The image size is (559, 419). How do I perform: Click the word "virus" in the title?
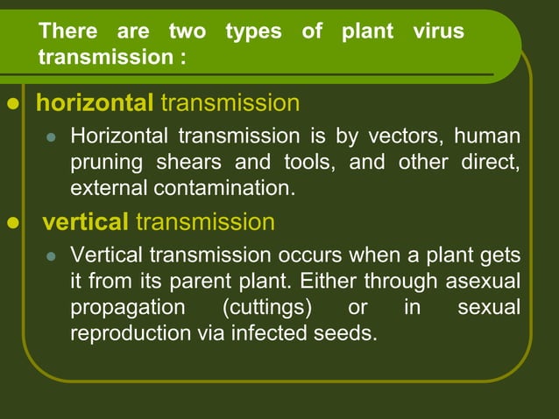tap(438, 32)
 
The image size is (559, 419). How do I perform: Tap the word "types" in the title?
tap(253, 32)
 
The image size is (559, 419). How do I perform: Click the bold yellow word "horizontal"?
tap(95, 103)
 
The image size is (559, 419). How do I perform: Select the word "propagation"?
tap(127, 307)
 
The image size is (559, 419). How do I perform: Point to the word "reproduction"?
tap(127, 332)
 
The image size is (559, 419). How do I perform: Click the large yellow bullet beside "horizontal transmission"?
tap(12, 104)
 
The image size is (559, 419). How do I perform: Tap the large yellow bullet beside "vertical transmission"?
tap(12, 223)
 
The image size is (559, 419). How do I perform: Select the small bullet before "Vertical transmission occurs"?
tap(51, 257)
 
